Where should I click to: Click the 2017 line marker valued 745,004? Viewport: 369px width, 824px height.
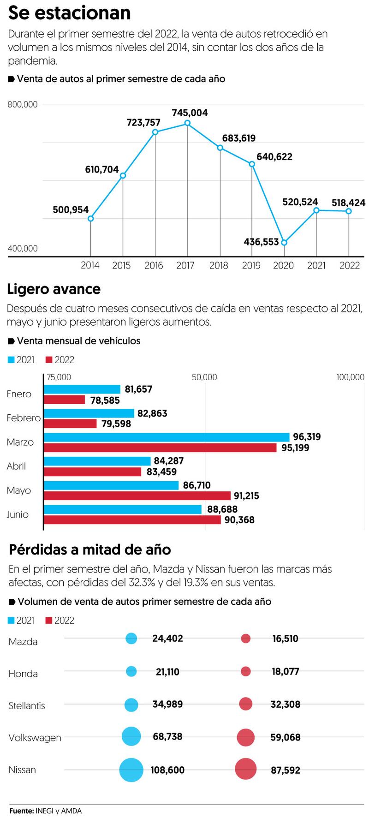[187, 123]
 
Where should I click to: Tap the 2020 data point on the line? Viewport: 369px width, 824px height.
[284, 242]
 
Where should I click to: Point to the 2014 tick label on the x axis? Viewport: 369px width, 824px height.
[90, 265]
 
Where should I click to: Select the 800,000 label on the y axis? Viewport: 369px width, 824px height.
[23, 105]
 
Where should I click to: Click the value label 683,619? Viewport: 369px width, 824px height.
[238, 138]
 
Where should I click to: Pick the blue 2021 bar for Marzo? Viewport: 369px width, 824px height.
[167, 437]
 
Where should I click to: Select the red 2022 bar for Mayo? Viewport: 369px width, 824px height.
[137, 496]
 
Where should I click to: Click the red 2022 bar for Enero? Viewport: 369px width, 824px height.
[65, 400]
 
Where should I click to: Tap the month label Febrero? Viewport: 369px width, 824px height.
[24, 418]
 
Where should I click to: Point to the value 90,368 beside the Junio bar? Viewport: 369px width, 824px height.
[239, 520]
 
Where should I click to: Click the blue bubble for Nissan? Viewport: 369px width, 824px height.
[131, 770]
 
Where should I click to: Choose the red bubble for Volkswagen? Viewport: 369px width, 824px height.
[246, 737]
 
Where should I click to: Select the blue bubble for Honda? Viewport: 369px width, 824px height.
[131, 671]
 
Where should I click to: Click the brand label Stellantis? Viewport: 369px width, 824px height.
[27, 705]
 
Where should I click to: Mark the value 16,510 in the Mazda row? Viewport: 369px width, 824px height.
[285, 639]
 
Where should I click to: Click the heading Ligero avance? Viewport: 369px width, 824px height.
[54, 289]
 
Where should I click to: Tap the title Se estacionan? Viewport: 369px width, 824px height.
[70, 13]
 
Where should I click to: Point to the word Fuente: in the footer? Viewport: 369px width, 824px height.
[21, 811]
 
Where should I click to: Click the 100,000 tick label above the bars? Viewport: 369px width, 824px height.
[350, 377]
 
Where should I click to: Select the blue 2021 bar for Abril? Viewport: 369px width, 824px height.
[97, 461]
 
